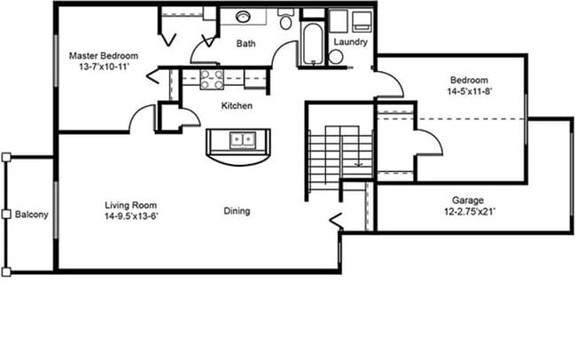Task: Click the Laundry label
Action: pos(350,42)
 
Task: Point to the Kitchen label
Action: pos(237,106)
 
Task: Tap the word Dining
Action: pos(237,211)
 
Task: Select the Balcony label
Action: pos(31,215)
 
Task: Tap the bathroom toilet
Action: pos(286,20)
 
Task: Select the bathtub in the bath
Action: pos(312,44)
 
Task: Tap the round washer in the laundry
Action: pos(337,57)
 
